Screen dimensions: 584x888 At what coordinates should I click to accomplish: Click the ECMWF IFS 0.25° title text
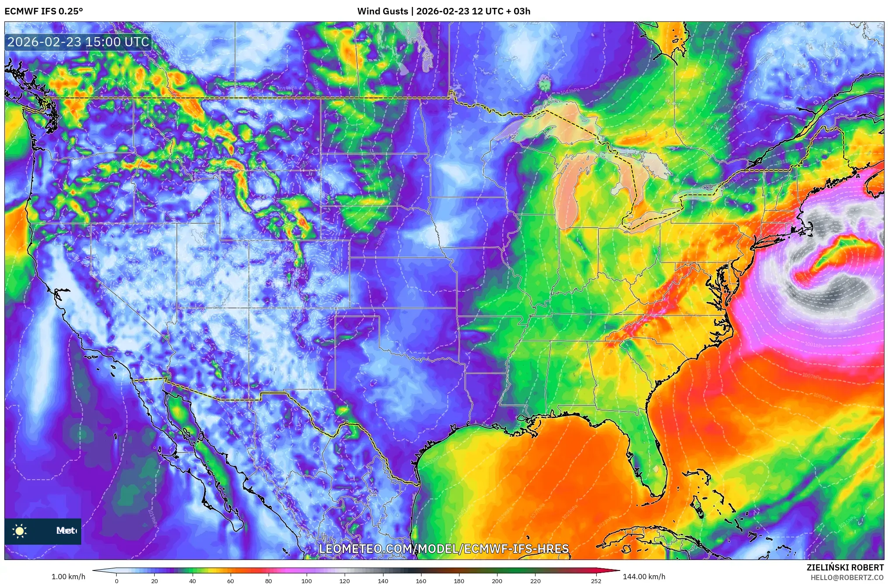click(44, 11)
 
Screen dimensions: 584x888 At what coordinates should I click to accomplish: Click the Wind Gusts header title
click(443, 11)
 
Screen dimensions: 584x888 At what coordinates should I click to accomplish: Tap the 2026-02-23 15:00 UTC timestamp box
click(78, 42)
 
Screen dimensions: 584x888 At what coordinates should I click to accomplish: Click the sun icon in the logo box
click(20, 531)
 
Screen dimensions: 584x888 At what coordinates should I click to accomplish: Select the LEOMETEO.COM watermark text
click(444, 549)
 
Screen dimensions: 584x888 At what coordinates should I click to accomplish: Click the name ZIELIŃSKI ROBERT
click(845, 567)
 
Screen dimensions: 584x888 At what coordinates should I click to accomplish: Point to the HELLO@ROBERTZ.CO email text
click(847, 577)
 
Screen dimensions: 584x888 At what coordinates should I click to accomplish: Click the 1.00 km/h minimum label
click(68, 577)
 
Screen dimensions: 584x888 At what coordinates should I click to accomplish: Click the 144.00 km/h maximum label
click(644, 577)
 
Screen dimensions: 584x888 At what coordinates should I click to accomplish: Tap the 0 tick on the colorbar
click(117, 581)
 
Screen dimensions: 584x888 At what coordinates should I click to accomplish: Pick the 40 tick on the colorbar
click(193, 581)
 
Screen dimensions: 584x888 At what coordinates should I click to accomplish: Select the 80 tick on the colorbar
click(269, 581)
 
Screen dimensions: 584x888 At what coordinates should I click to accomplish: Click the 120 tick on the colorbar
click(345, 581)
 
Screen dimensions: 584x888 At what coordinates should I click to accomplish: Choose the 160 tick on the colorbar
click(421, 581)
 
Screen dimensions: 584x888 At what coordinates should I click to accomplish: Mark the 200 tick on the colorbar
click(497, 581)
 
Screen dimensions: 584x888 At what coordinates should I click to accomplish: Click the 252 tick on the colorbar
click(596, 581)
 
